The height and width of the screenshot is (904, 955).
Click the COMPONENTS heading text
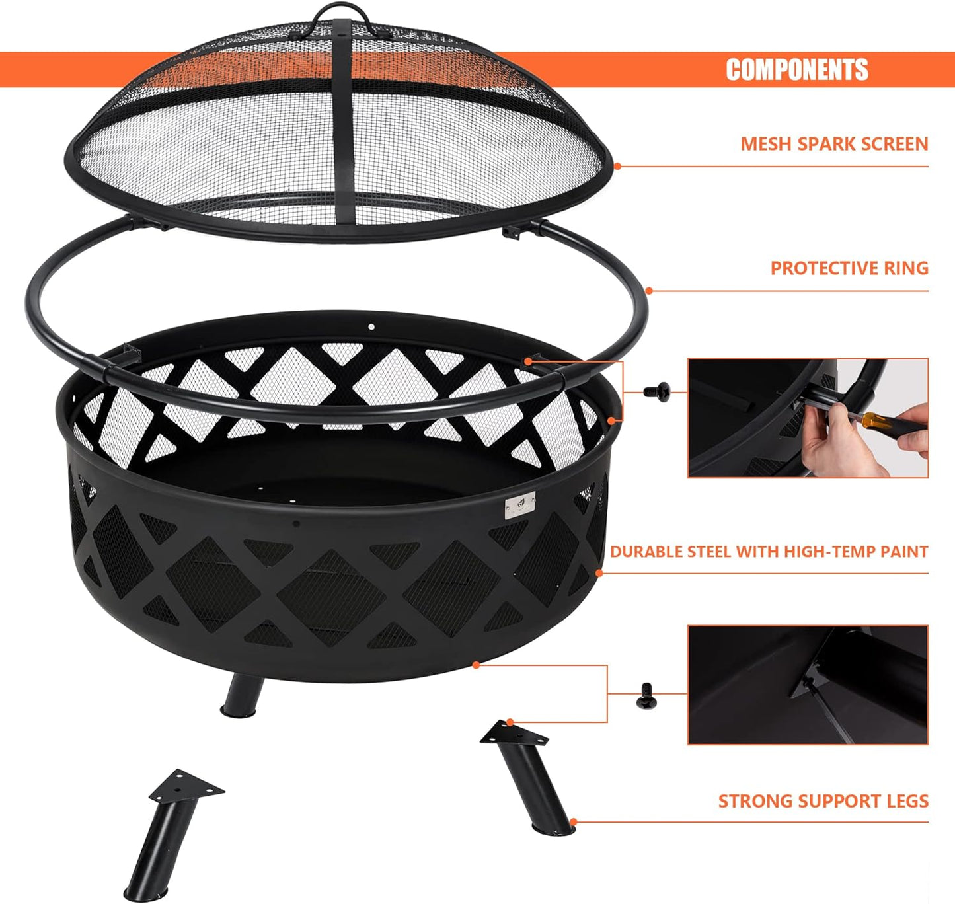(796, 69)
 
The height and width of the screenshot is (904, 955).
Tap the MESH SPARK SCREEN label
(834, 144)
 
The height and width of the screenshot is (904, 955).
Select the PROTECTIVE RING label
(849, 268)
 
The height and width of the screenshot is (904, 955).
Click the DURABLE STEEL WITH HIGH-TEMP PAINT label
(769, 552)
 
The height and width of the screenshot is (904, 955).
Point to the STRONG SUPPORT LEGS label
(823, 801)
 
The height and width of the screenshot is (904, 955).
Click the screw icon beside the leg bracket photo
(647, 696)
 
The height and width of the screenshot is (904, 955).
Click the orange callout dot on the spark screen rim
(617, 166)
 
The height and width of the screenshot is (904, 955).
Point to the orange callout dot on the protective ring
(649, 291)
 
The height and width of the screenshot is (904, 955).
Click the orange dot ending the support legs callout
(573, 823)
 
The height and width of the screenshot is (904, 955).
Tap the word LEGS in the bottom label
(907, 801)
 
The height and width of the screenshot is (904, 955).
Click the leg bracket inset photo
(808, 685)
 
